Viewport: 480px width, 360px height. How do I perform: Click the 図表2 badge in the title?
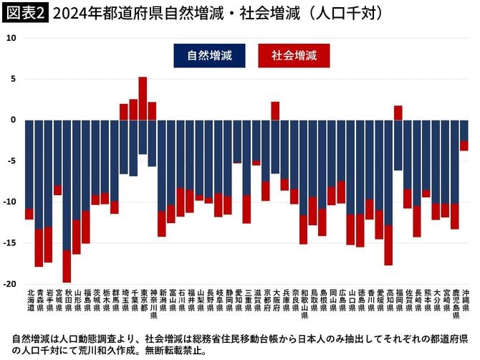(25, 12)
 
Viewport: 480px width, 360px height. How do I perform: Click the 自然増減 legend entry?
(208, 55)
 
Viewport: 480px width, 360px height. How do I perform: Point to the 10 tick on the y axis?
(11, 37)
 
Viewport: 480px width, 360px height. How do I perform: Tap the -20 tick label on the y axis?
(10, 284)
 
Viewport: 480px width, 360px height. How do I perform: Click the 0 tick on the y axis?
(14, 120)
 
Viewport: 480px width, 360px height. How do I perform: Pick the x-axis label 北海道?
(29, 300)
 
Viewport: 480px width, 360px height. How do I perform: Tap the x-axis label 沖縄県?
(464, 300)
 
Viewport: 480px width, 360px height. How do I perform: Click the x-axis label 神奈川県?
(152, 303)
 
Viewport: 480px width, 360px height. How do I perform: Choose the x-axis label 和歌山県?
(303, 303)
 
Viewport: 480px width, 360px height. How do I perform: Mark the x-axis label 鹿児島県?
(454, 303)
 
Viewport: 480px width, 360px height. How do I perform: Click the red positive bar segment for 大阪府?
(275, 110)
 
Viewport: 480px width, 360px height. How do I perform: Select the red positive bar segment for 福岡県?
(398, 113)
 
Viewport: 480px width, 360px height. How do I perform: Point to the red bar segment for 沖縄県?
(464, 146)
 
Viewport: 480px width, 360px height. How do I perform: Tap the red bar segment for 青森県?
(39, 248)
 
